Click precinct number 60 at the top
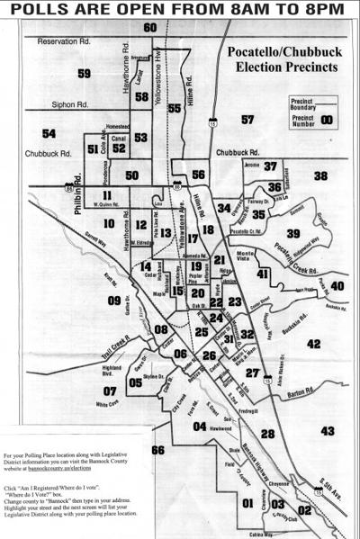(150, 28)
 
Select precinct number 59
(85, 73)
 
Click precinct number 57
(247, 119)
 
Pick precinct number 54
(49, 133)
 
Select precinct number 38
(320, 175)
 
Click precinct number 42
(312, 344)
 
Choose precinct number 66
(158, 449)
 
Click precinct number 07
(110, 391)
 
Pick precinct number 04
(199, 427)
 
